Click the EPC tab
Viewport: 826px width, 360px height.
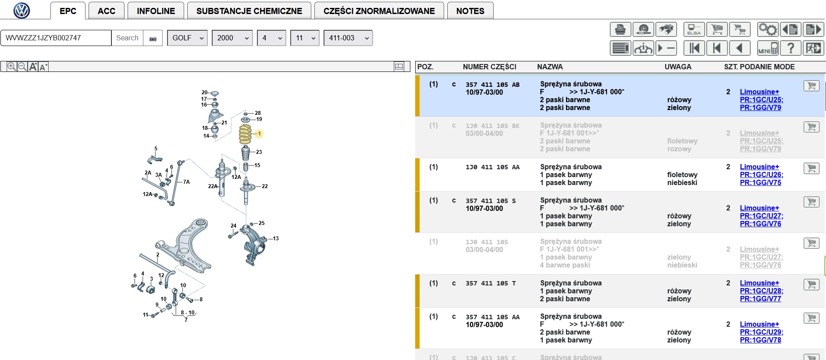tap(68, 11)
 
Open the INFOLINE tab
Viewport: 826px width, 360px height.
tap(156, 11)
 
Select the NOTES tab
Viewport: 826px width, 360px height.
tap(470, 11)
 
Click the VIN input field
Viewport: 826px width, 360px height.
tap(56, 38)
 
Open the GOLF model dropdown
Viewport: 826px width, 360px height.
tap(187, 38)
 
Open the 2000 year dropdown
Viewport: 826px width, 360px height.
tap(232, 38)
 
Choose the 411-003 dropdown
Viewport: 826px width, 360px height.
tap(348, 38)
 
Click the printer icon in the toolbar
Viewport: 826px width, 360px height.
tap(620, 29)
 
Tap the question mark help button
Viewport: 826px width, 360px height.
tap(790, 48)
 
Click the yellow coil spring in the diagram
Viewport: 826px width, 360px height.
tap(245, 134)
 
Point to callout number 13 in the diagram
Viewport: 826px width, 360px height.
tap(276, 239)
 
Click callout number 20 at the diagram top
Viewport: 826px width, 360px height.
tap(204, 93)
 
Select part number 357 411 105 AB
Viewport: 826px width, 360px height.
tap(492, 85)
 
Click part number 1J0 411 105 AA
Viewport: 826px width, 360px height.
tap(492, 167)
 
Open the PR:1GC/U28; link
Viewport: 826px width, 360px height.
tap(762, 291)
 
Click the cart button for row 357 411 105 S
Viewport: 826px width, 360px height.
tap(812, 202)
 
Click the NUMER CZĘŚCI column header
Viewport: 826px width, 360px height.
tap(489, 67)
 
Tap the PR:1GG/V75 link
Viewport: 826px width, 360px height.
tap(760, 182)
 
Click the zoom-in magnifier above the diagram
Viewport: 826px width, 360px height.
tap(11, 67)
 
